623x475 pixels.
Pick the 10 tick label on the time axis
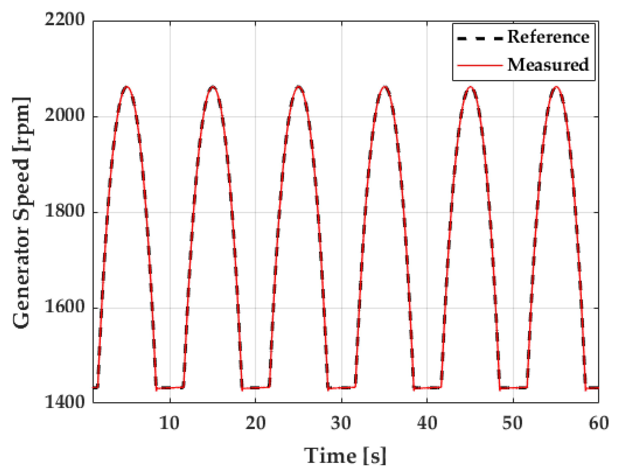[x=169, y=424]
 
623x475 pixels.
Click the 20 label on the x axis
[x=255, y=424]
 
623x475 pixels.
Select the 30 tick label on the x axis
[x=341, y=424]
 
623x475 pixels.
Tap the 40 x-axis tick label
[x=427, y=424]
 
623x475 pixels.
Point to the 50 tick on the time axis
[x=512, y=424]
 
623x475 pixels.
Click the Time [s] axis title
[x=345, y=456]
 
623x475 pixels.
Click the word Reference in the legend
[x=548, y=37]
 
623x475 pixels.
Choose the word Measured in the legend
[x=548, y=65]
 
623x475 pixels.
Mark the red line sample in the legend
[x=480, y=65]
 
